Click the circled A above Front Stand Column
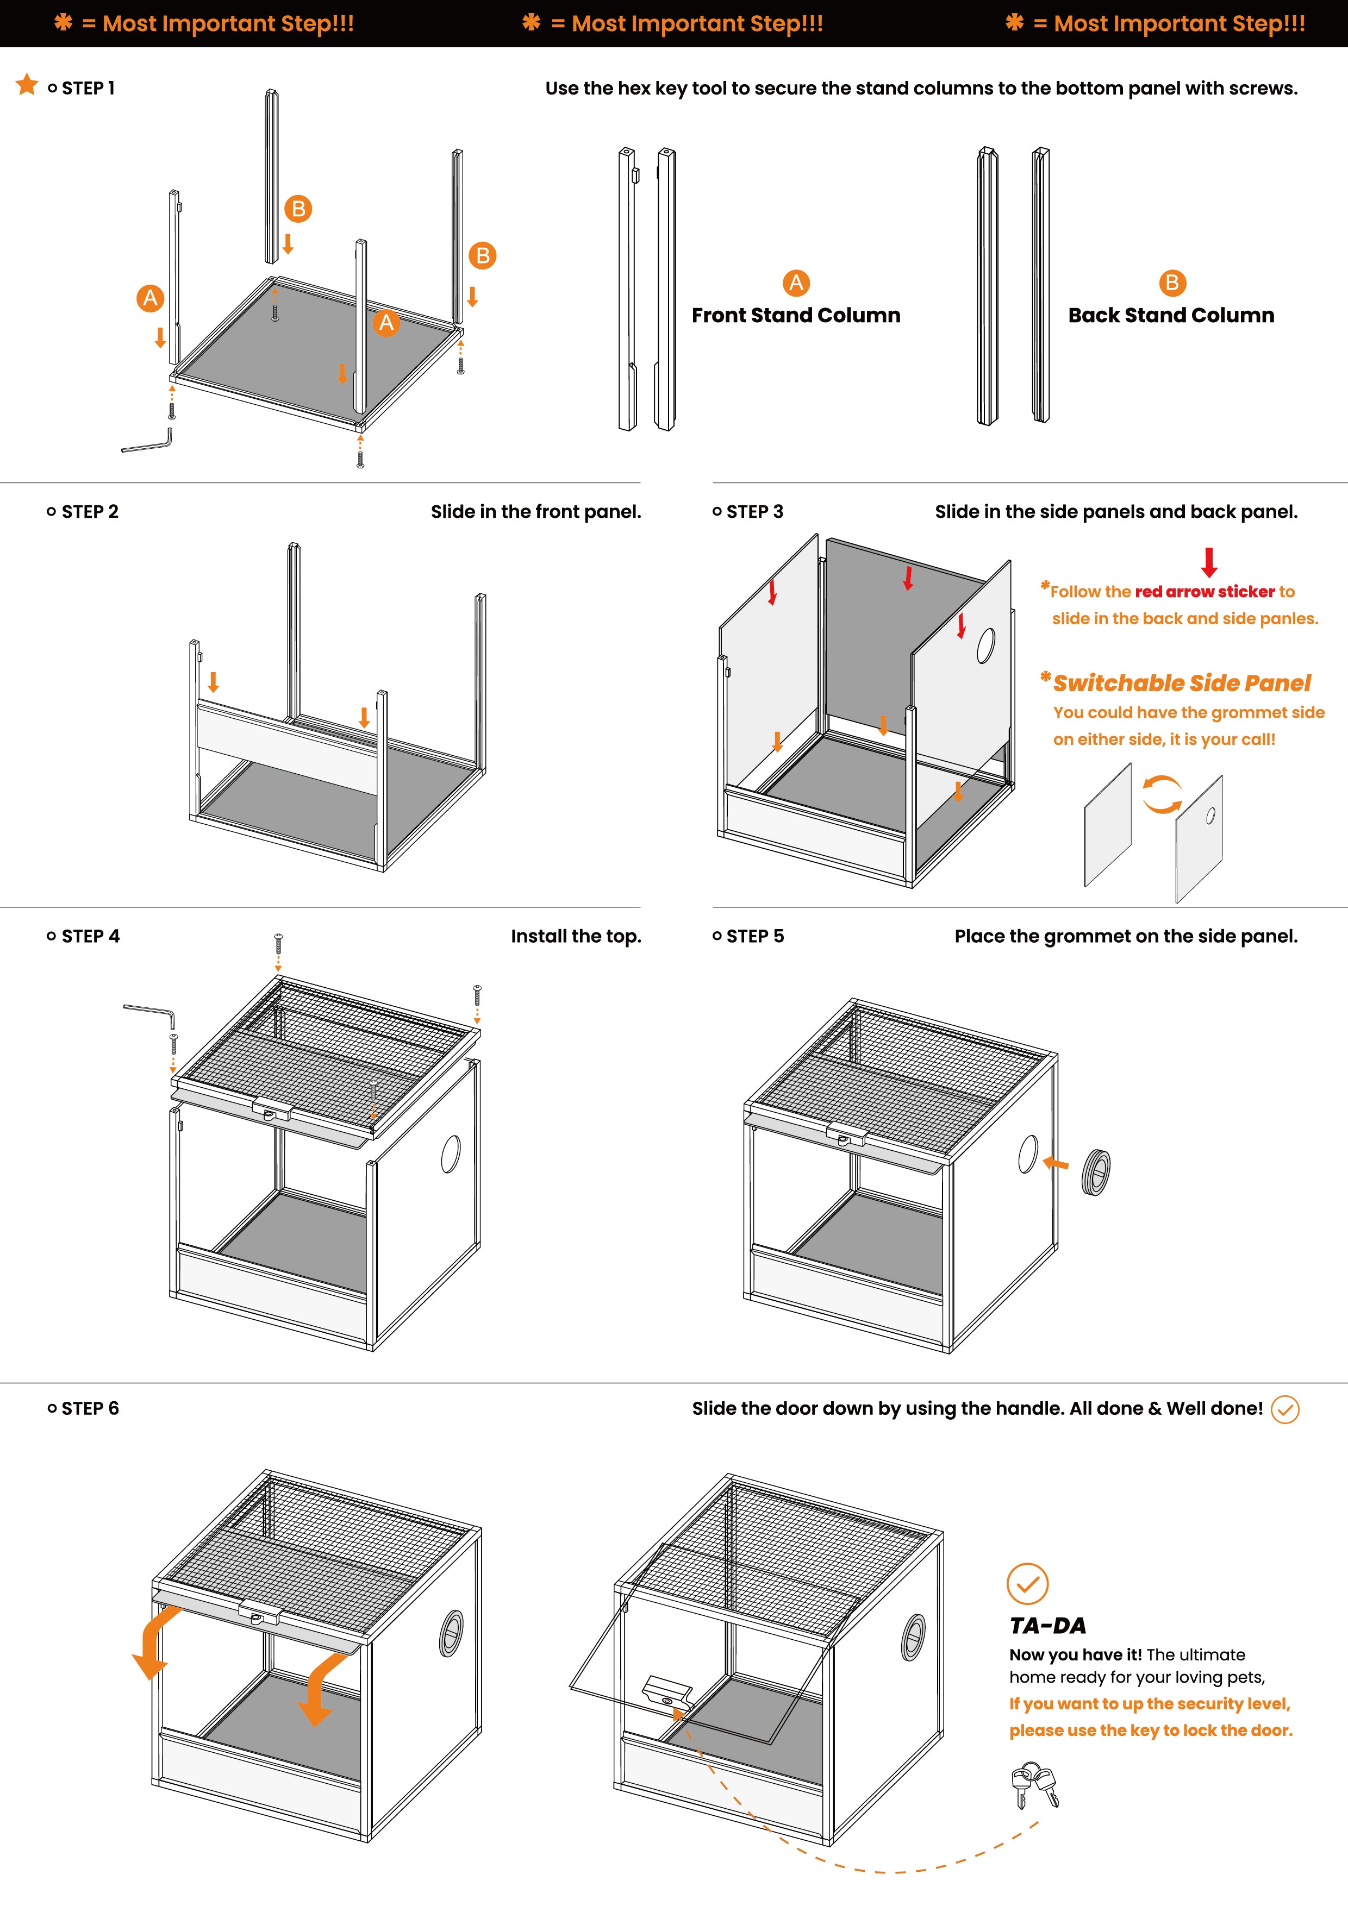pos(796,283)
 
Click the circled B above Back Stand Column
pos(1172,283)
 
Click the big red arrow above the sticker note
pos(1209,562)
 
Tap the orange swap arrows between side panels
pos(1162,794)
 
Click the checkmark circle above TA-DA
pos(1027,1584)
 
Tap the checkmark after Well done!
pos(1285,1409)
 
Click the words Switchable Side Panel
pos(1181,683)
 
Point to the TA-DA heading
pos(1047,1626)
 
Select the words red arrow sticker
pos(1205,592)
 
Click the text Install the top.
pos(576,936)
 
